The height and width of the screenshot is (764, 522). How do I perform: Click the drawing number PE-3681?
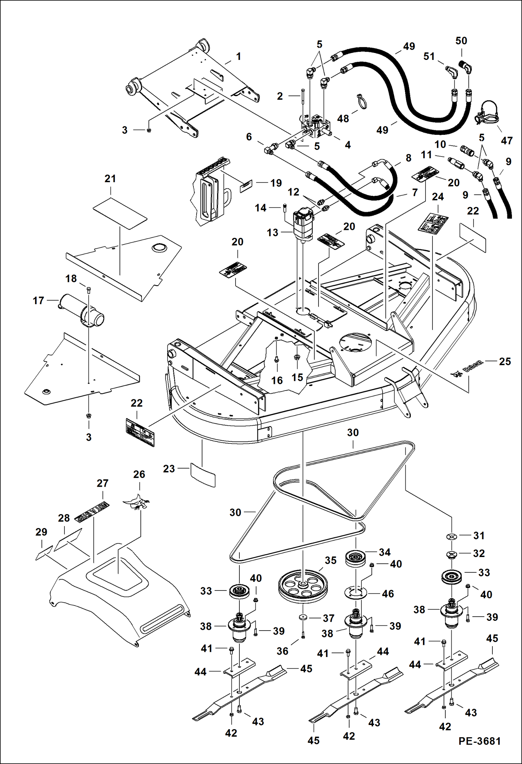coord(479,741)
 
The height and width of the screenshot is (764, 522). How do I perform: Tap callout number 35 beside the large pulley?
coord(331,561)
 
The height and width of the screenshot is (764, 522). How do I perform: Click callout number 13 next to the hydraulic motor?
coord(272,233)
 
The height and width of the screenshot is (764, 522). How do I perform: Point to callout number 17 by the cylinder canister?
coord(38,300)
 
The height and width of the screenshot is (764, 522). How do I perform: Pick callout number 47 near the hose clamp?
coord(507,141)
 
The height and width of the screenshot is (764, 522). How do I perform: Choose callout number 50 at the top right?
coord(461,41)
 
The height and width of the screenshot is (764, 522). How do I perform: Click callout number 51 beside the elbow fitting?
coord(429,56)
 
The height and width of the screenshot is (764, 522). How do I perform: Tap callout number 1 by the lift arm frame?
coord(239,56)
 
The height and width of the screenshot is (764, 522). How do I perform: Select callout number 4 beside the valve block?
coord(348,145)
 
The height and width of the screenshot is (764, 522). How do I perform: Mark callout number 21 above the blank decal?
coord(110,179)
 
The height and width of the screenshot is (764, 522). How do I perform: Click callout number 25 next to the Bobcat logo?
coord(505,361)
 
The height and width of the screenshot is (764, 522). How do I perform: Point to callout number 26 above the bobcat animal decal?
coord(139,474)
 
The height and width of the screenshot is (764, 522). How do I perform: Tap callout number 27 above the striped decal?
coord(102,483)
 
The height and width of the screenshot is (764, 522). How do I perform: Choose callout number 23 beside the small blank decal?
coord(169,469)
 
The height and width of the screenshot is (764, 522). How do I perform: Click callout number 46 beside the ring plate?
coord(388,594)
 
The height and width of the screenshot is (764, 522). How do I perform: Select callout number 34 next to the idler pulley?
coord(385,552)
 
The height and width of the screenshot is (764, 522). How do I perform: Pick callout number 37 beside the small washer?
coord(329,618)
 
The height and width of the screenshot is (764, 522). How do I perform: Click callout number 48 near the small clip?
coord(343,119)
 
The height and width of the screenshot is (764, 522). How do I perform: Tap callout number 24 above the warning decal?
coord(438,197)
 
